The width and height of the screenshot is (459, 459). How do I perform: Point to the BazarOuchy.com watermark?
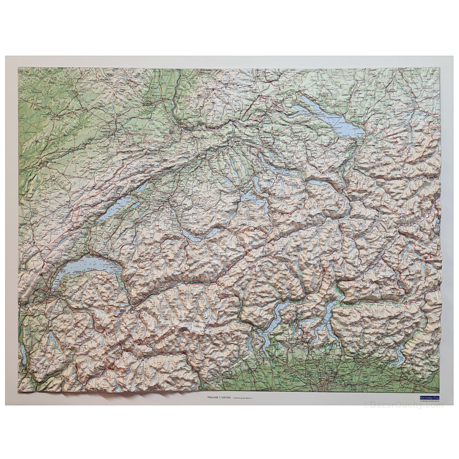click(x=403, y=405)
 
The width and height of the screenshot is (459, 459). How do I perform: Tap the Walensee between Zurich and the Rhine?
click(x=320, y=183)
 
